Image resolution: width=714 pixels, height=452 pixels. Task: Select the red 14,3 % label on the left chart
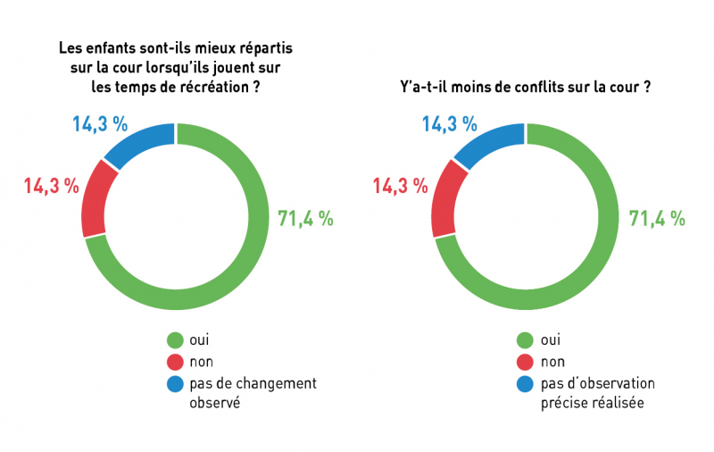[x=51, y=187]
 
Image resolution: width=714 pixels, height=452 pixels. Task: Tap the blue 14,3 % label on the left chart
[x=100, y=124]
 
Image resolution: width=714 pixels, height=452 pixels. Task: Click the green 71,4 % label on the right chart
[x=657, y=217]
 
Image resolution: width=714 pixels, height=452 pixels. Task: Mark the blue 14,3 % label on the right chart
[x=450, y=124]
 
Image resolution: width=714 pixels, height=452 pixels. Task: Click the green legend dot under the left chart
[x=175, y=339]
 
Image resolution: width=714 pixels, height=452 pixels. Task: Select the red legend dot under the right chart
[x=525, y=362]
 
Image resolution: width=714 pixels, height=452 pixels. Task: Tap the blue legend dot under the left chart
[x=175, y=384]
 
